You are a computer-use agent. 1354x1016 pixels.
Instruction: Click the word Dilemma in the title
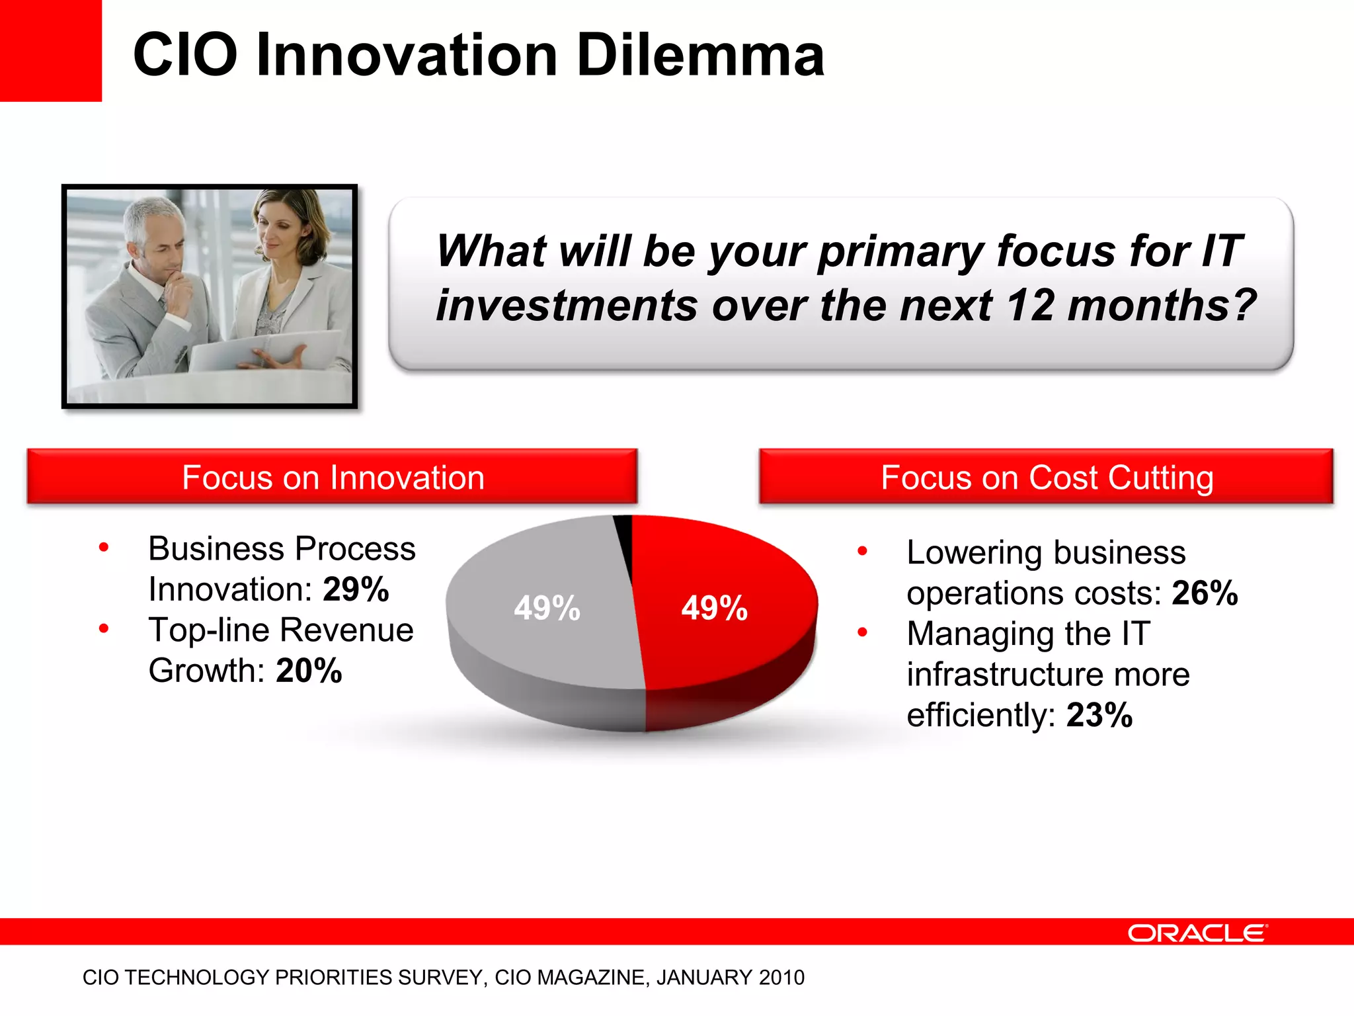click(x=700, y=55)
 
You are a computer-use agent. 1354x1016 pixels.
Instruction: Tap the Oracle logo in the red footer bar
click(x=1197, y=933)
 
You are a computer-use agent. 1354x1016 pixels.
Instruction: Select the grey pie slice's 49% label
click(x=547, y=608)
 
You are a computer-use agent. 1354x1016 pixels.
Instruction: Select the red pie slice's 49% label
click(x=715, y=608)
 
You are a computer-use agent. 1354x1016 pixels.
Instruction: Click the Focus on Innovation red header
click(x=333, y=478)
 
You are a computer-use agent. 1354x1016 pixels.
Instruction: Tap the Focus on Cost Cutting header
click(x=1047, y=478)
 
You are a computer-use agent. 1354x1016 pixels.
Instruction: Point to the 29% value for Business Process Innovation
click(x=356, y=589)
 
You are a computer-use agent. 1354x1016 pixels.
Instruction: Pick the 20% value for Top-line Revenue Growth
click(x=309, y=671)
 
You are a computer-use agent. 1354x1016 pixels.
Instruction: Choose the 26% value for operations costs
click(x=1205, y=593)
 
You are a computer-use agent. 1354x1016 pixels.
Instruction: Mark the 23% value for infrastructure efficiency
click(x=1099, y=715)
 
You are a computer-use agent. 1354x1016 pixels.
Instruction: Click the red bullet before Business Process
click(x=104, y=547)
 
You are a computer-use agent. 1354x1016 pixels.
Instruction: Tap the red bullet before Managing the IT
click(x=862, y=632)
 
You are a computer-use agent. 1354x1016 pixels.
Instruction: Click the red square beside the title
click(x=50, y=50)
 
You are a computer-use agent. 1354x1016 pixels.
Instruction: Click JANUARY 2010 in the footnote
click(x=730, y=978)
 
